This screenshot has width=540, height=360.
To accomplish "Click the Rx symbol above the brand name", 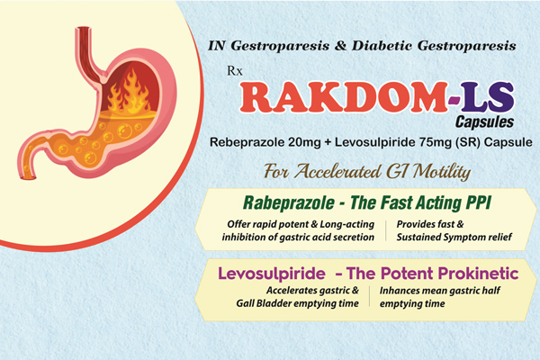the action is click(x=235, y=71).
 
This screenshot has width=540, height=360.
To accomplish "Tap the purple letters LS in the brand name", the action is click(x=488, y=97).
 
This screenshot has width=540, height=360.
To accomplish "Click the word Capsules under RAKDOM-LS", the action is click(x=484, y=122).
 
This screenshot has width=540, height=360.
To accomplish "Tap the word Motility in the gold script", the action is click(x=442, y=171).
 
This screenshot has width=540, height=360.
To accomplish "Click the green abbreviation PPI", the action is click(x=478, y=202).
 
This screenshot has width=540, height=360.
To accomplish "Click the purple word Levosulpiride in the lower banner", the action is click(x=272, y=274).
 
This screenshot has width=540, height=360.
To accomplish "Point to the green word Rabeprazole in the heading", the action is click(x=289, y=202).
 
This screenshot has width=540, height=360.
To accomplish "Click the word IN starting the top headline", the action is click(x=216, y=46).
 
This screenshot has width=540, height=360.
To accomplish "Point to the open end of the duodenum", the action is click(x=28, y=178).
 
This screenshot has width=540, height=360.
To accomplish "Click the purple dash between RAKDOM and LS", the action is click(x=454, y=100).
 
